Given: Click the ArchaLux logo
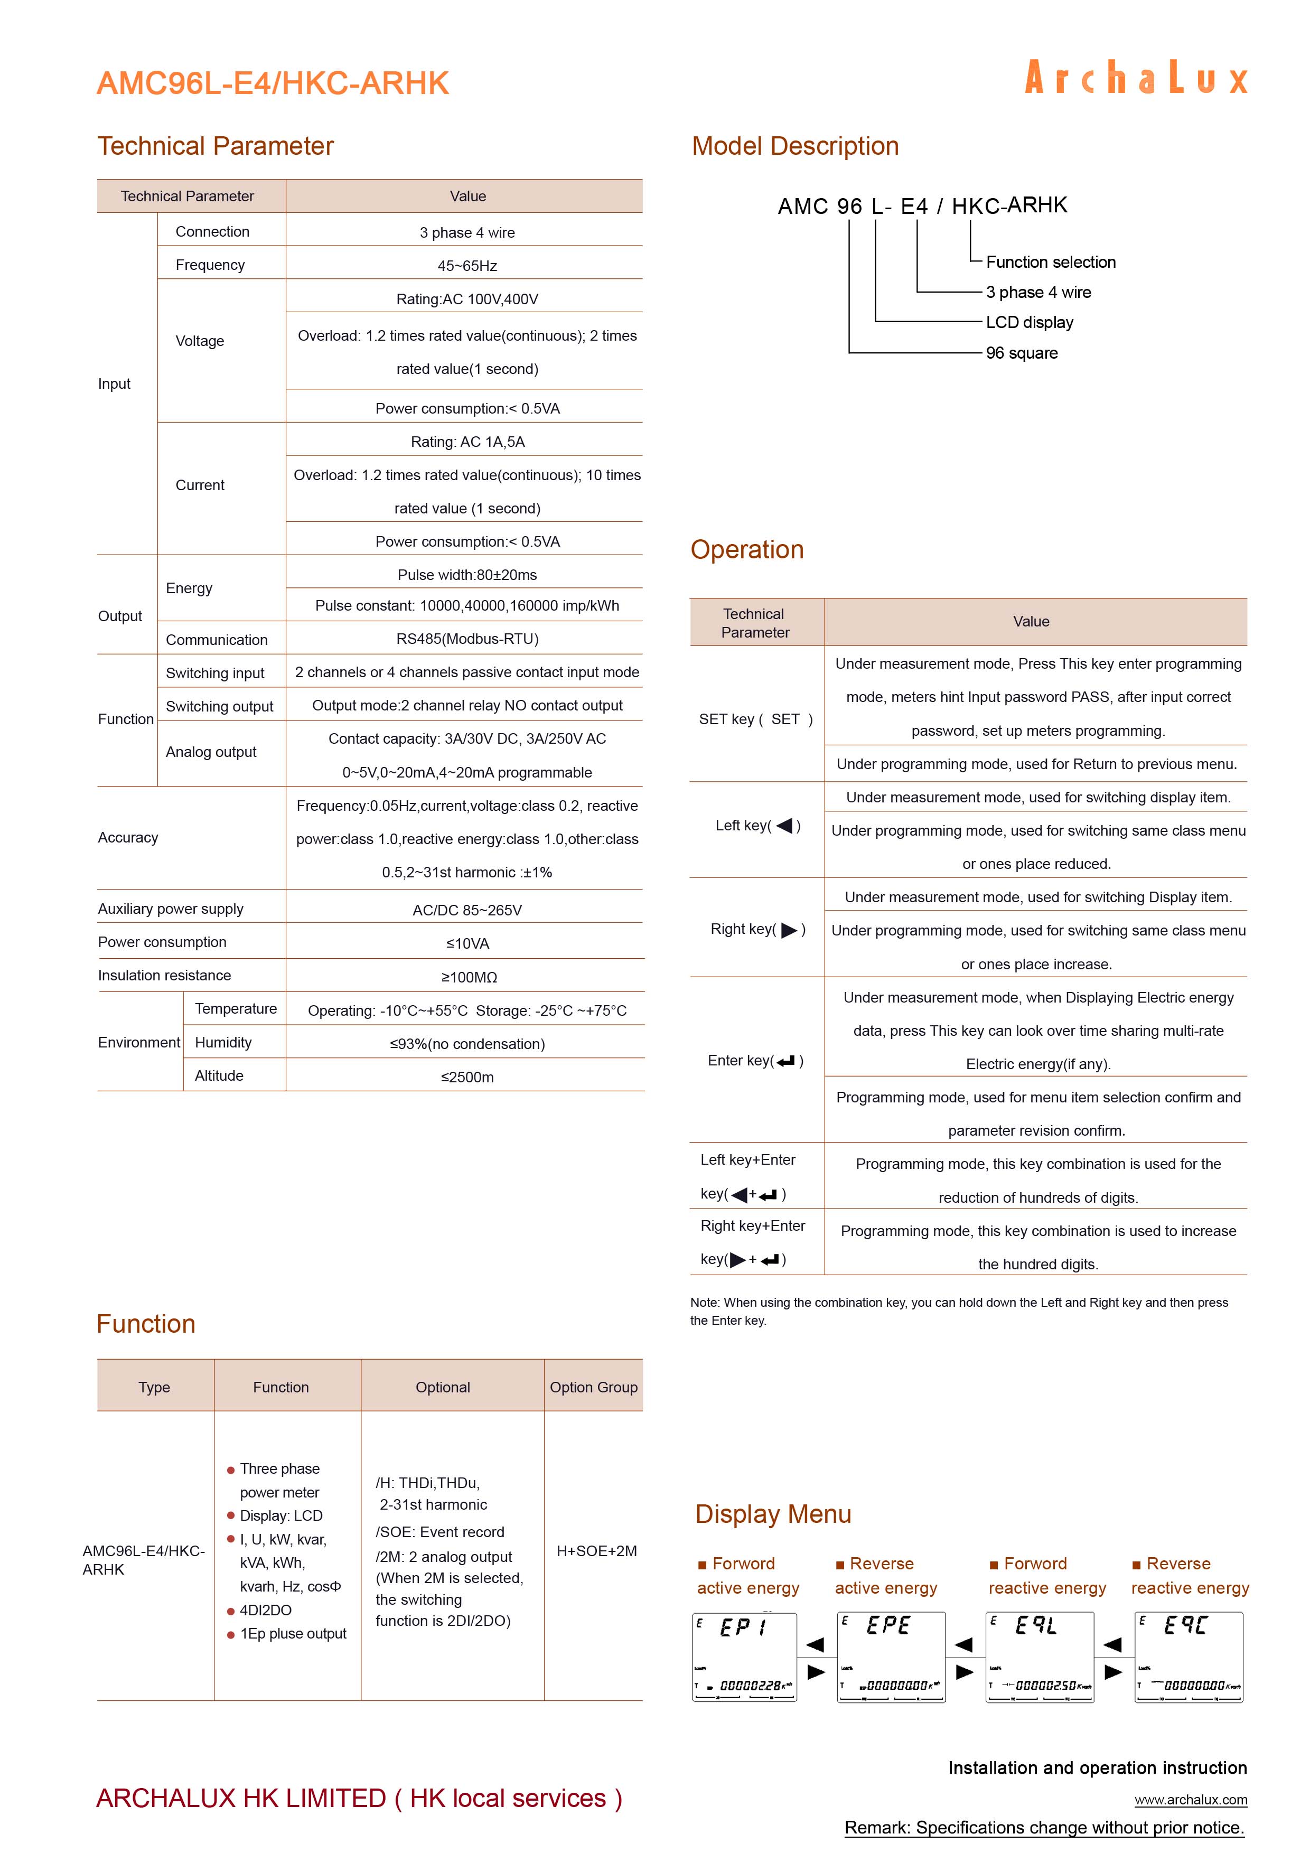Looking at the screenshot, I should coord(1136,78).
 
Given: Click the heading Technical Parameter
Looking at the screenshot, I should coord(216,146).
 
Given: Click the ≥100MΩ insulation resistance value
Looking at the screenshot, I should coord(468,977).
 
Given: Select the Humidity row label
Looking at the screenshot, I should coord(223,1043).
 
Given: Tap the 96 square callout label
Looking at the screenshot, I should coord(1021,353).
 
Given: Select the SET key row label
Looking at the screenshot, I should coord(755,719).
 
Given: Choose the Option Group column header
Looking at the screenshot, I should coord(593,1387).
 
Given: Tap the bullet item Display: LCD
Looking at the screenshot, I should coord(281,1515).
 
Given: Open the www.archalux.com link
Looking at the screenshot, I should coord(1191,1800).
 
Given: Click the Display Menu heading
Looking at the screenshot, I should coord(772,1514).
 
